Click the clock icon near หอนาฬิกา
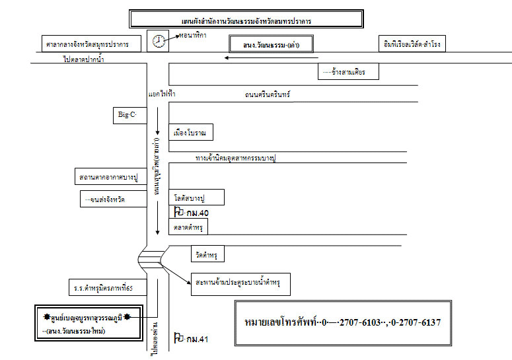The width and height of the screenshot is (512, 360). click(x=159, y=41)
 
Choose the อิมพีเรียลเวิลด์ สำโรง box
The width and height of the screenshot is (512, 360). click(x=412, y=44)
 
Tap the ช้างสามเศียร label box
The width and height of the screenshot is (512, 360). click(x=348, y=71)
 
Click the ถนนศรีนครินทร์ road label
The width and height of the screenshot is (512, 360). click(x=268, y=95)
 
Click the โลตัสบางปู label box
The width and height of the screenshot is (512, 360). click(x=198, y=198)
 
